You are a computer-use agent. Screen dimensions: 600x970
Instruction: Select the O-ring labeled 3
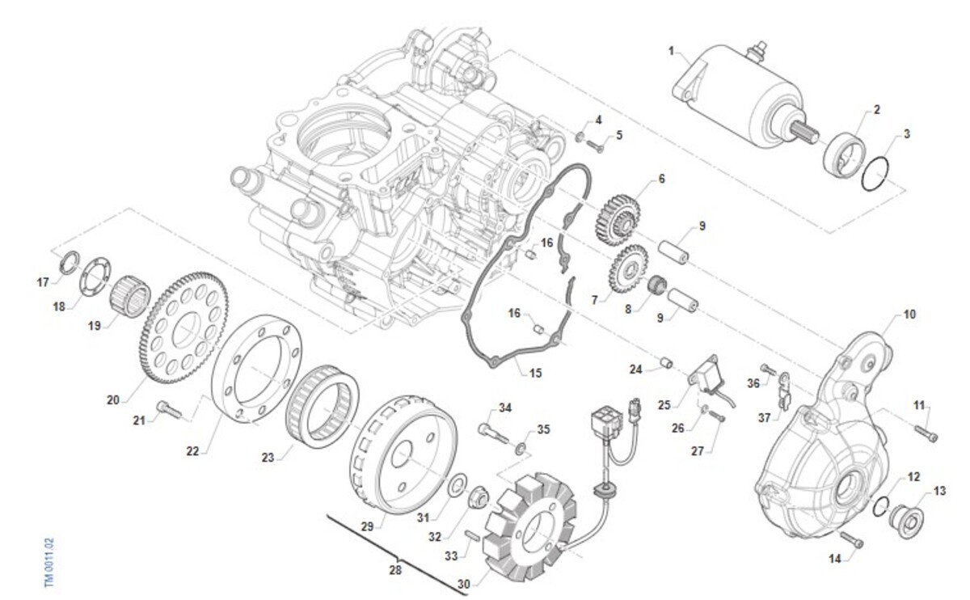point(877,175)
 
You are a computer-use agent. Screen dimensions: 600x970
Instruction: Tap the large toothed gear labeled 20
point(184,327)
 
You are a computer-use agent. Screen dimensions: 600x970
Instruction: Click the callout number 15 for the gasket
point(535,373)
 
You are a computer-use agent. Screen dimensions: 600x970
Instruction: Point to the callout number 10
point(910,314)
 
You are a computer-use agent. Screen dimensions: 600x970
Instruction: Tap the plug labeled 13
point(906,518)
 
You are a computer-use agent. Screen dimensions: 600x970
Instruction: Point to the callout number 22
point(192,451)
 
